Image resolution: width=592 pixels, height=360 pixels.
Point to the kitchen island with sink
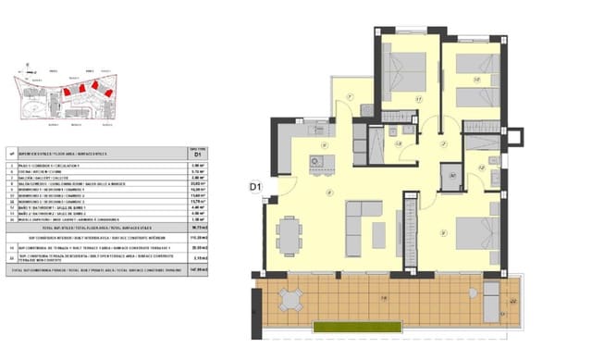(x=320, y=164)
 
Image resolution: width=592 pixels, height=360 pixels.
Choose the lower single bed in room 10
(x=477, y=95)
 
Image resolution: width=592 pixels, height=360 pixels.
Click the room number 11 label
(x=418, y=99)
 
